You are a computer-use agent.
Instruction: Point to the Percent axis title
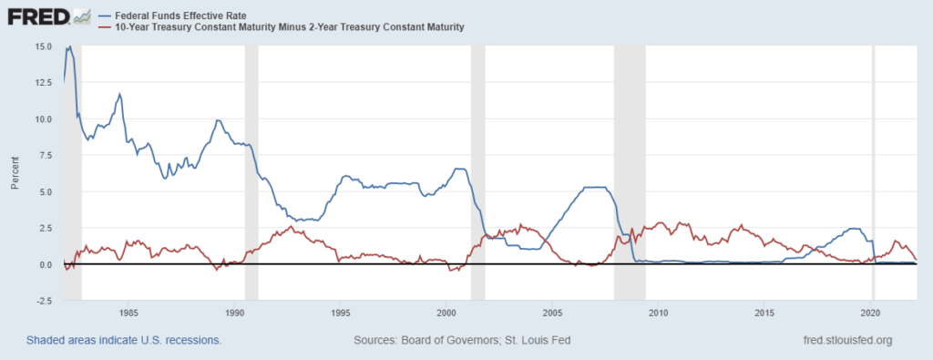(x=16, y=173)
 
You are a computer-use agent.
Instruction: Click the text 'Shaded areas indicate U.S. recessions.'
(x=124, y=341)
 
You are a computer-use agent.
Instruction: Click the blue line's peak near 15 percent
(x=68, y=47)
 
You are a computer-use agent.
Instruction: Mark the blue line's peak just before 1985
(x=119, y=94)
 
